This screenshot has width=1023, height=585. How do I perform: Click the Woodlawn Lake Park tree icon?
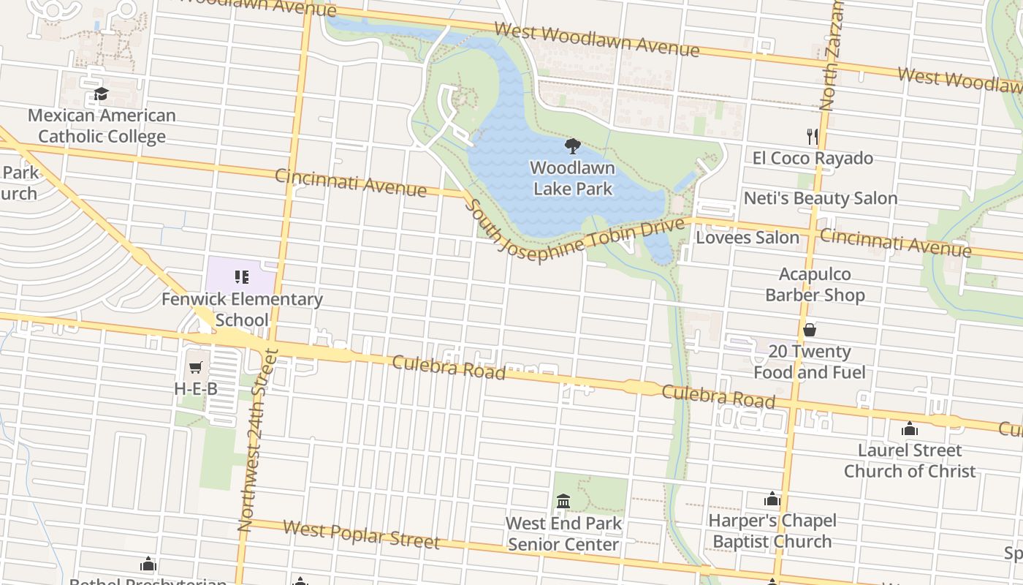point(573,145)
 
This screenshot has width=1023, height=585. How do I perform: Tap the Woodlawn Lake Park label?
point(573,178)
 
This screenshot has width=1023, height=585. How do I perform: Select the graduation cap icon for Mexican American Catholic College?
point(101,94)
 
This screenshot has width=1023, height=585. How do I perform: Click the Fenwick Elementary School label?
point(242,309)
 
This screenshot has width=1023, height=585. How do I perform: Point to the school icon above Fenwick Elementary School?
point(242,277)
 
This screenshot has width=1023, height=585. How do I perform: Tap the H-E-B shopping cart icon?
point(195,368)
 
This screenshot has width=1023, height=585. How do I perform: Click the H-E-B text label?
point(196,389)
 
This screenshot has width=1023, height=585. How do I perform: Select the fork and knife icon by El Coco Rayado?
point(812,136)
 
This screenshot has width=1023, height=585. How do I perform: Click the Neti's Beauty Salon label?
point(820,198)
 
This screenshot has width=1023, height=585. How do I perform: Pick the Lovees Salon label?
point(747,238)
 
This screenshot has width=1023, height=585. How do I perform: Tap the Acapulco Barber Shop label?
point(815,284)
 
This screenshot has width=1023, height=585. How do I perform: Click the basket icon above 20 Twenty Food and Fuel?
point(809,330)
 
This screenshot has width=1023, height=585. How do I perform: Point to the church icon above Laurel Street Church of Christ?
point(910,429)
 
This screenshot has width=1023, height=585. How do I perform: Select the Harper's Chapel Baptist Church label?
point(772,531)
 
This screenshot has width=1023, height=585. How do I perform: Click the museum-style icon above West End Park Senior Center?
point(563,502)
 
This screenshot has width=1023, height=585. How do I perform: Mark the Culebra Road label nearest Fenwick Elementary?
point(449,367)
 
